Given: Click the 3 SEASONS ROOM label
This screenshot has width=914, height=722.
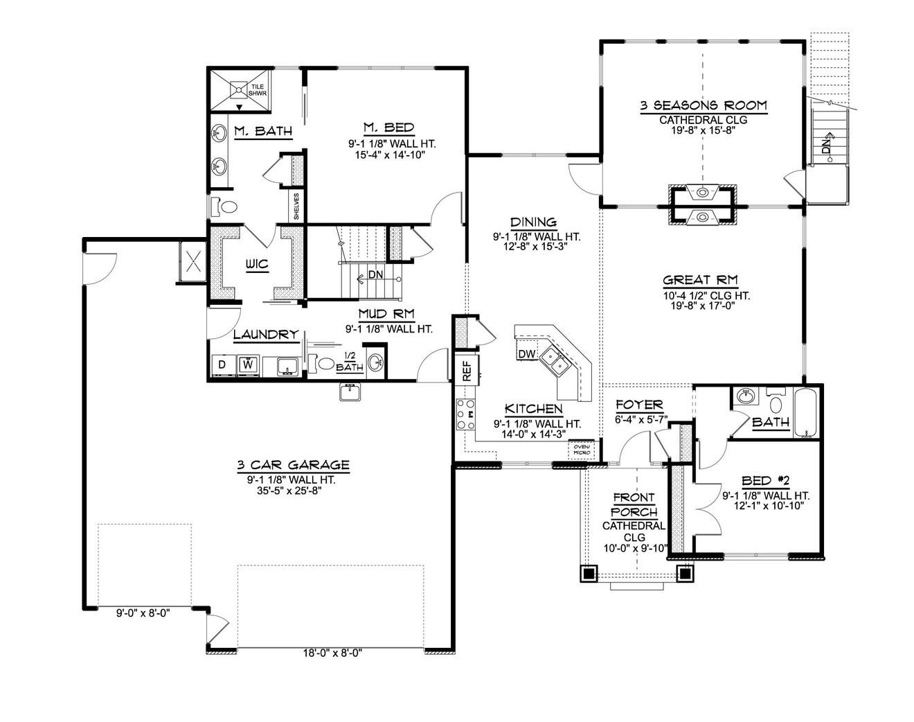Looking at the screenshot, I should pos(703,106).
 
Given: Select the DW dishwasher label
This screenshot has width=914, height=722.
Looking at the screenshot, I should pos(526,355).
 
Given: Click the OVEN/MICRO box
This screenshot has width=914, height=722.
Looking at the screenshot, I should pos(580,450).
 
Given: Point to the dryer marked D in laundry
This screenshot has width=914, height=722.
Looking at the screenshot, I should pos(222,364).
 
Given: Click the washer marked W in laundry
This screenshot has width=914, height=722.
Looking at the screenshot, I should pos(247,364).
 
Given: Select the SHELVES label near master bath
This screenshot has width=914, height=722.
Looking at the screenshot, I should pos(296,206).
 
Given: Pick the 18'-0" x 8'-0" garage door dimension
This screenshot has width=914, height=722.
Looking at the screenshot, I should pos(332,653).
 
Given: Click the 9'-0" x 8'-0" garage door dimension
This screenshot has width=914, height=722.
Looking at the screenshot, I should pos(143,612).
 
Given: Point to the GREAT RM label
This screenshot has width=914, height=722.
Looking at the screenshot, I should pos(700,281).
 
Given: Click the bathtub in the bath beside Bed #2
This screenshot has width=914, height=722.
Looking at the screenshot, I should pos(807,414).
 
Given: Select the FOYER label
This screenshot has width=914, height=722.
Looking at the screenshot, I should pos(638,405).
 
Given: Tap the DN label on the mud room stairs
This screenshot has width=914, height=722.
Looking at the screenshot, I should pos(375,274).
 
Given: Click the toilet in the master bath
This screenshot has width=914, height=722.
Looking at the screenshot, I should pos(226,206).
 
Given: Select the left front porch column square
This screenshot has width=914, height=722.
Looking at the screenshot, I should pos(589,573).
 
